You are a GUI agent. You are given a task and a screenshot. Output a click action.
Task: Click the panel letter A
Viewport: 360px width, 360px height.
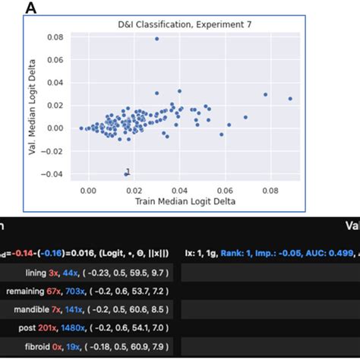pos(31,8)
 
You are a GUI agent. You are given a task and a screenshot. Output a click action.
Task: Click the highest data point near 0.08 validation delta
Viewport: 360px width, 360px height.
pos(156,38)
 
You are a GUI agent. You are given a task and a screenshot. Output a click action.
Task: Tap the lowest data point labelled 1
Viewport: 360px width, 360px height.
pos(126,174)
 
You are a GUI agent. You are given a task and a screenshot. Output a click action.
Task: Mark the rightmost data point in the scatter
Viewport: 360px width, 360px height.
pos(290,98)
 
